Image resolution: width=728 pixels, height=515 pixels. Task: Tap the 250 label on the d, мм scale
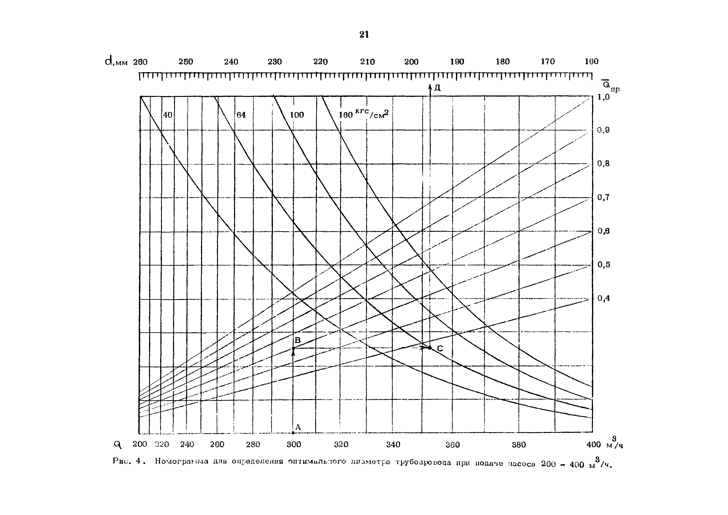[186, 61]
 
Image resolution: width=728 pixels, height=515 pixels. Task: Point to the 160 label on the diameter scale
[591, 61]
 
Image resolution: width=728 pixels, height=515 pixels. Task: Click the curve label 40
[167, 115]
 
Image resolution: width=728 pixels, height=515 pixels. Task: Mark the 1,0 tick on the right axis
[603, 97]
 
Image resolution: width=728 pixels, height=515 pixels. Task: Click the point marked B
[293, 348]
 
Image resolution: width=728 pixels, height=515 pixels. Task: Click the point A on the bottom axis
[293, 433]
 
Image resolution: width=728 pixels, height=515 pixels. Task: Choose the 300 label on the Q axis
[294, 445]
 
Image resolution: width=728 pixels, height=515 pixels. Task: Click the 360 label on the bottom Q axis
[452, 445]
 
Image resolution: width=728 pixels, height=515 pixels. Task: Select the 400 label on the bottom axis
[593, 445]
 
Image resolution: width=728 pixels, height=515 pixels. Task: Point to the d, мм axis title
[116, 61]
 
